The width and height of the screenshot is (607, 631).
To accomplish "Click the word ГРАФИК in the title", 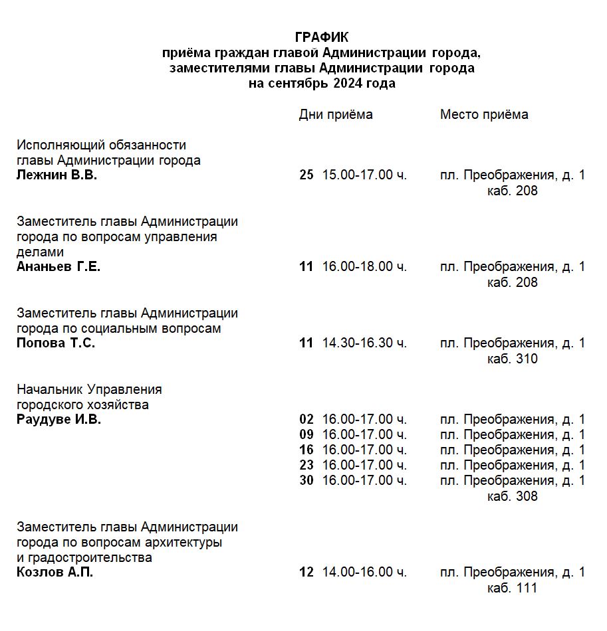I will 322,37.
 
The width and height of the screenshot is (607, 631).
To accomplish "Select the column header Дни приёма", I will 336,114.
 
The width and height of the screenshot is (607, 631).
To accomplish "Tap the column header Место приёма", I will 484,114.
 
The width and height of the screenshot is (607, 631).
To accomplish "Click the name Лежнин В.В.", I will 57,175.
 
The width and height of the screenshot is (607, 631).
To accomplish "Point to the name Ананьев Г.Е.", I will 59,267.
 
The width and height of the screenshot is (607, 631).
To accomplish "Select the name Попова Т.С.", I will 56,343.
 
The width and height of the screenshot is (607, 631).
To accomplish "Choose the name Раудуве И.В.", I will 59,420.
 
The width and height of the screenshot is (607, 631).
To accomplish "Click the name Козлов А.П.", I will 55,573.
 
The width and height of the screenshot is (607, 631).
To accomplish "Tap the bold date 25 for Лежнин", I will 306,175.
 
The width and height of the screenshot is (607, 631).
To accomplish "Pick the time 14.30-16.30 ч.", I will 364,343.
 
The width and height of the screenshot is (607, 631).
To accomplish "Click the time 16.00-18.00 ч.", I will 364,267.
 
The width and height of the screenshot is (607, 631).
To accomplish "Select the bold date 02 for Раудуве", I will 306,420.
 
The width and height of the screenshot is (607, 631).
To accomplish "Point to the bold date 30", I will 306,480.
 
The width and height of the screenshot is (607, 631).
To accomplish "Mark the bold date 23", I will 306,465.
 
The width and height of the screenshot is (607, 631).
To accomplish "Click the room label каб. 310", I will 512,359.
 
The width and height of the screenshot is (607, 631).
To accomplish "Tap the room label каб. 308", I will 512,496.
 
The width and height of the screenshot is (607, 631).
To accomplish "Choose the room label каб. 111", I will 512,588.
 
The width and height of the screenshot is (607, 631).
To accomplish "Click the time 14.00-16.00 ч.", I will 364,573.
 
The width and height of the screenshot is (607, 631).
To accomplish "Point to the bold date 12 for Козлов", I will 306,573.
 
